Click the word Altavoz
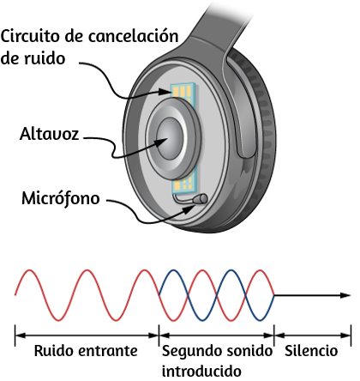click(49, 134)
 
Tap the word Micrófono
click(61, 198)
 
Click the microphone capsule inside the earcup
click(200, 199)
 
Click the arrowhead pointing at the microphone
click(188, 209)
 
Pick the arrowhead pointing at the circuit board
click(165, 92)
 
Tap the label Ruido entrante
click(86, 351)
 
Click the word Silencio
click(311, 351)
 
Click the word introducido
click(201, 371)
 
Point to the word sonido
click(250, 351)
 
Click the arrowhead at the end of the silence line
click(345, 295)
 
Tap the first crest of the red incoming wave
click(29, 270)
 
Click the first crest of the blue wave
click(173, 270)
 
